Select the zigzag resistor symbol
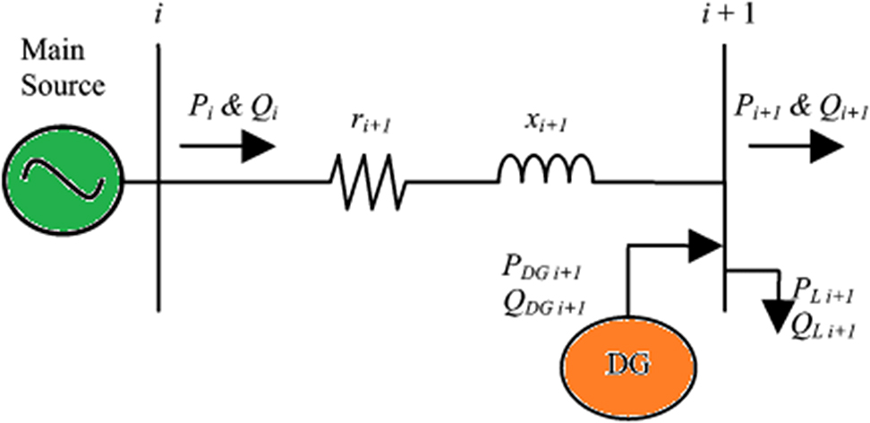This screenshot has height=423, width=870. pos(368,181)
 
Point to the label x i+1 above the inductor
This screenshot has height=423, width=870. pos(544,125)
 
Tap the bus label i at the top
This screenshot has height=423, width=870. pos(158,16)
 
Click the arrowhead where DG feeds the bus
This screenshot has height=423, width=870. pos(704,244)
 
